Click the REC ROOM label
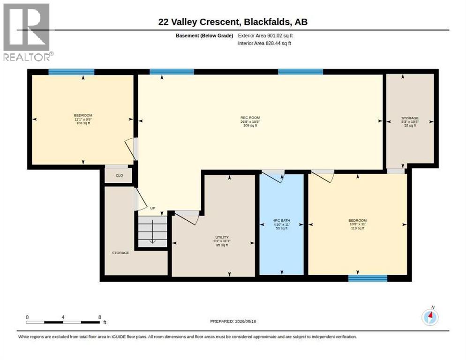(x=250, y=118)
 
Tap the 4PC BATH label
(x=281, y=221)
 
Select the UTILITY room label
(x=222, y=237)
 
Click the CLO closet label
(x=119, y=175)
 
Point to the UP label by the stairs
(x=152, y=208)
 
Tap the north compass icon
(x=430, y=316)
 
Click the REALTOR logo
(x=28, y=32)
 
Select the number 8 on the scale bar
(x=100, y=317)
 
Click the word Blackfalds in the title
(x=267, y=22)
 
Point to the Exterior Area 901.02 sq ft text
(x=265, y=36)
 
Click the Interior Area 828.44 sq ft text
(x=264, y=44)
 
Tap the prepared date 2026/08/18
(x=246, y=322)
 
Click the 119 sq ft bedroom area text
(x=358, y=228)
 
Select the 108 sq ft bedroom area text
(x=83, y=123)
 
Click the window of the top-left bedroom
(x=71, y=72)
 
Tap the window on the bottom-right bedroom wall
(x=368, y=278)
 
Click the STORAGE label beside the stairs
(x=120, y=253)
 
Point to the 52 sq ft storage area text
(x=410, y=126)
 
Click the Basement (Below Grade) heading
(x=204, y=36)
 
